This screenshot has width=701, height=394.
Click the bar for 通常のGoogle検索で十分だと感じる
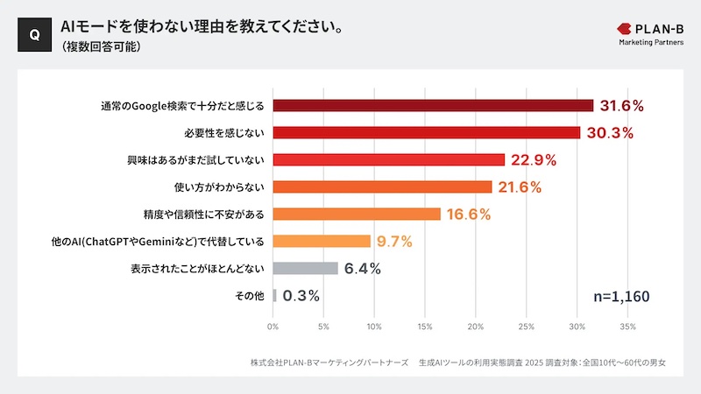click(x=433, y=106)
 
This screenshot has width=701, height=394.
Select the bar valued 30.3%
click(x=427, y=133)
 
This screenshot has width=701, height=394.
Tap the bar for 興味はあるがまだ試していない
click(x=389, y=160)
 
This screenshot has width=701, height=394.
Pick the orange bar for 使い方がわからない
click(x=382, y=187)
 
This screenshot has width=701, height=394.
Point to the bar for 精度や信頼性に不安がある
click(x=357, y=215)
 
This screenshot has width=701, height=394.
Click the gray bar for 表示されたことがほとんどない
click(x=305, y=269)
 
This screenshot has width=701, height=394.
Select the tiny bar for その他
click(x=274, y=296)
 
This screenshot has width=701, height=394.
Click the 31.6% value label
click(x=622, y=106)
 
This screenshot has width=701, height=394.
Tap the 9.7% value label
click(x=394, y=242)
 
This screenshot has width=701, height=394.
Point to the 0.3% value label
click(x=301, y=296)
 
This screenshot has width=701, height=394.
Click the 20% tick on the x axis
click(x=476, y=327)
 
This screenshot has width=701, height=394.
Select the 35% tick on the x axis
click(x=627, y=327)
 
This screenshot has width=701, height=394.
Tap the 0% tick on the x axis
click(x=273, y=327)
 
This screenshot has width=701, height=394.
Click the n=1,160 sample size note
click(x=621, y=297)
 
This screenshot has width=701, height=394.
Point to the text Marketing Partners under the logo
click(x=651, y=42)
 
